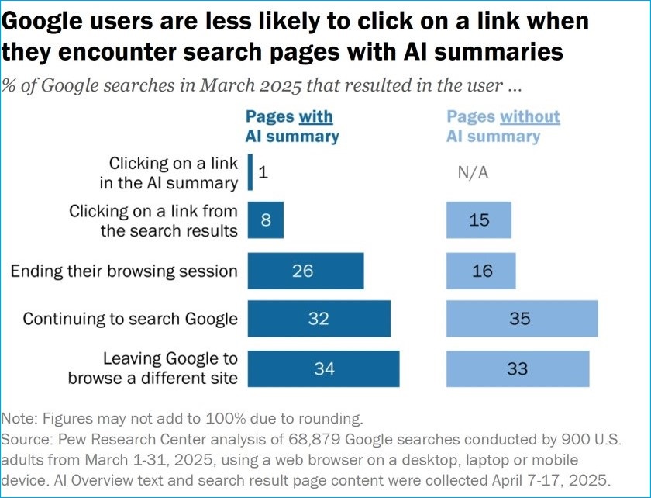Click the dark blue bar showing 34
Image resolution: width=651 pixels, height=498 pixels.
click(x=323, y=369)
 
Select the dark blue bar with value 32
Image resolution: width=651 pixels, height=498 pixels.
click(x=319, y=319)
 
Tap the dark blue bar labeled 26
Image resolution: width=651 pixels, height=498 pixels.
click(x=305, y=271)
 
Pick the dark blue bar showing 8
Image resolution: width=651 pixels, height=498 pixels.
click(x=266, y=220)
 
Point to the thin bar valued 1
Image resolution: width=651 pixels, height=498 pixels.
click(x=250, y=171)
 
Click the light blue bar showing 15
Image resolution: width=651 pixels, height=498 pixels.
click(x=479, y=220)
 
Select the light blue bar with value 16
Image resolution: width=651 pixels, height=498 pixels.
click(x=480, y=271)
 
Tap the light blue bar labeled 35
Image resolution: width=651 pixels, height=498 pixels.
click(x=522, y=319)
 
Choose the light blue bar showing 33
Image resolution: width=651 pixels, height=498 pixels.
click(x=517, y=369)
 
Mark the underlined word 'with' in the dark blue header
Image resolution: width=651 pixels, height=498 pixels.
click(x=315, y=117)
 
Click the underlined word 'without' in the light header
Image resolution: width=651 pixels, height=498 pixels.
click(x=530, y=117)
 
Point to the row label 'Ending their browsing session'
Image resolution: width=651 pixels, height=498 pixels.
click(x=124, y=271)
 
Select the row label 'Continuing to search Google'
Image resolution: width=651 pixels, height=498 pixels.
click(x=130, y=319)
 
